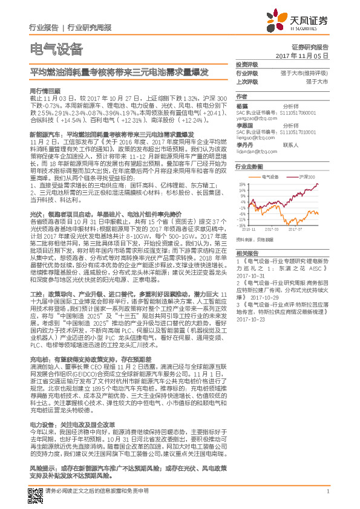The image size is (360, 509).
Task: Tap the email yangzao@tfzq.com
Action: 254,118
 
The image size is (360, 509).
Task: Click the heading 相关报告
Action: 247,252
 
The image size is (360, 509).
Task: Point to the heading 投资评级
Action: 247,64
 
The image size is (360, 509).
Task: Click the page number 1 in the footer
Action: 327,491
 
